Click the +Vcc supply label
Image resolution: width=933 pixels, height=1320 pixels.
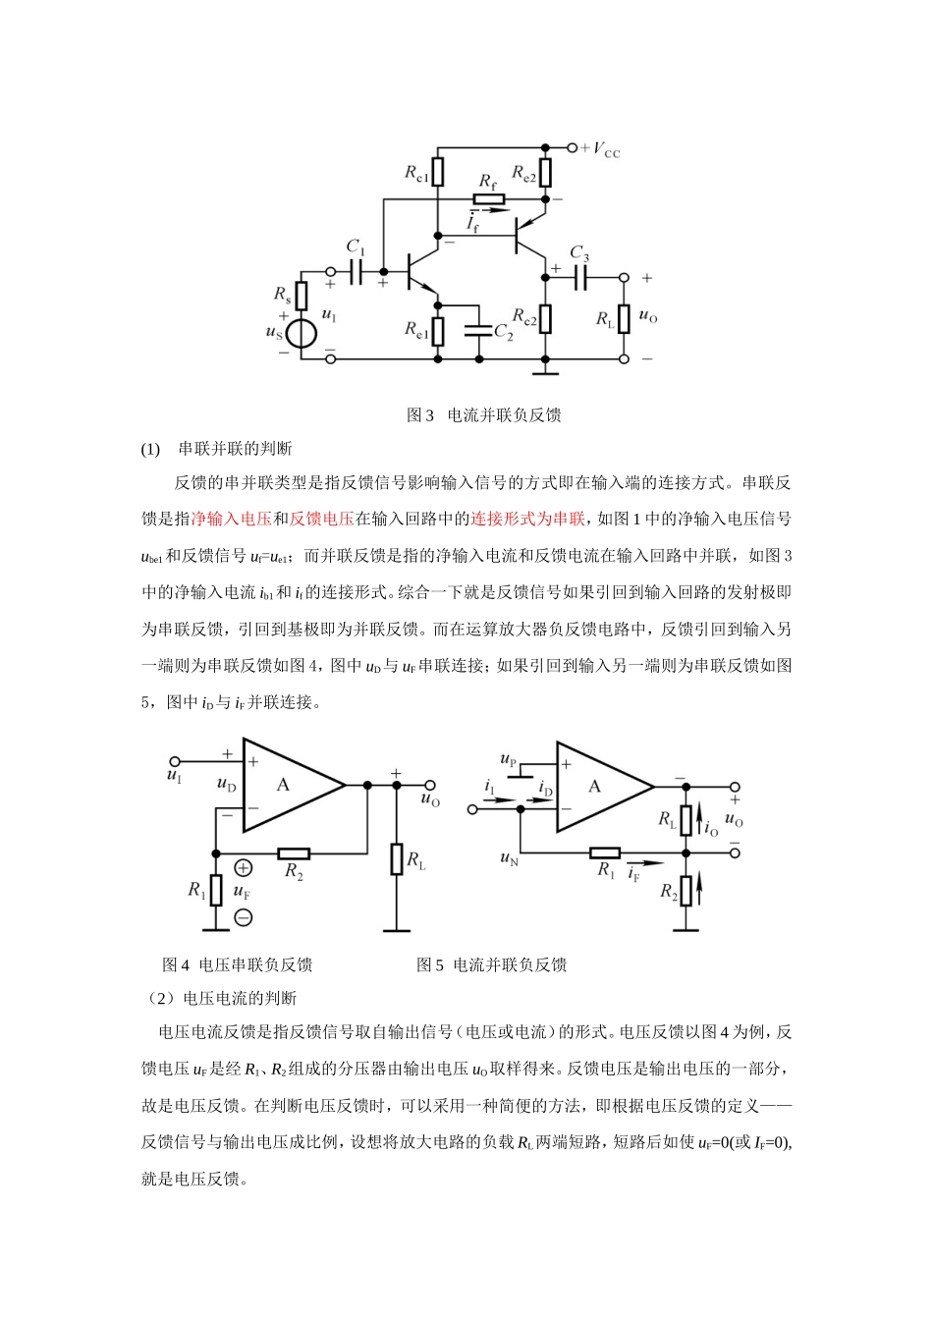[601, 149]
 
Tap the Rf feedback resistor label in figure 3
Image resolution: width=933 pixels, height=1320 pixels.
[487, 182]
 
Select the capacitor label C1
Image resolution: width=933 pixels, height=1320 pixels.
[356, 247]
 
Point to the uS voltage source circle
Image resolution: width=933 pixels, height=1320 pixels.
[302, 333]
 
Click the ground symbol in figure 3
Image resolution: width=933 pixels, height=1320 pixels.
[545, 372]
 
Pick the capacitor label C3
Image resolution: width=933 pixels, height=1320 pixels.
[579, 253]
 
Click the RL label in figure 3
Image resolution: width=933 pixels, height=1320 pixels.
[605, 319]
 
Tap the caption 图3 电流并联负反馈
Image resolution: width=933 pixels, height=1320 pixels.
[483, 415]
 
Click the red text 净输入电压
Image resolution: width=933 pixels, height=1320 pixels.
[231, 519]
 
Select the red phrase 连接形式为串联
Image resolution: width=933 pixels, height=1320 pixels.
[527, 519]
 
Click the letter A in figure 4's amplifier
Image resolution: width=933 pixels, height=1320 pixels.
[283, 785]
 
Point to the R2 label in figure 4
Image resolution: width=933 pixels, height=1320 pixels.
[293, 871]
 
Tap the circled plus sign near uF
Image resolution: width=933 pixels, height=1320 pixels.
[243, 868]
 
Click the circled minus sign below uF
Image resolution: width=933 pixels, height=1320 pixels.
[243, 917]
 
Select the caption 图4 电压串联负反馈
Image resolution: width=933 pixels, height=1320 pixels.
[237, 964]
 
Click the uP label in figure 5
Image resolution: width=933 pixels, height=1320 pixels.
[508, 760]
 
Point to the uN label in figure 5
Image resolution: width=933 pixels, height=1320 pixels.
[508, 858]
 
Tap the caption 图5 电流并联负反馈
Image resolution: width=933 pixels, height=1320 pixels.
[491, 964]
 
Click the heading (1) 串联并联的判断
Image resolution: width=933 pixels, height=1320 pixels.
[217, 449]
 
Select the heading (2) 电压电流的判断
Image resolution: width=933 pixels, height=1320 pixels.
[223, 999]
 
